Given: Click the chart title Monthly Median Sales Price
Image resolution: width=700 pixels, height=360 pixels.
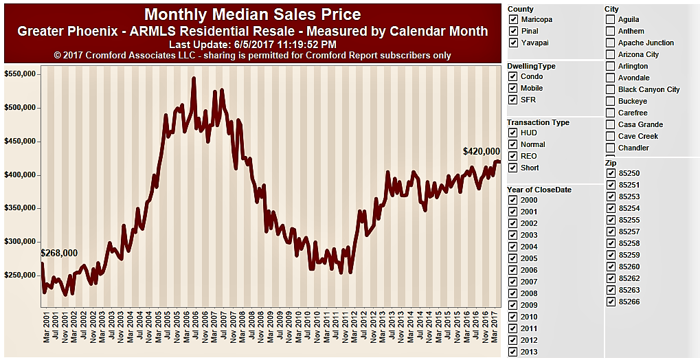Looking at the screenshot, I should (252, 14).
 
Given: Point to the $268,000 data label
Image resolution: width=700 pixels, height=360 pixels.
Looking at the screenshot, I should (60, 253).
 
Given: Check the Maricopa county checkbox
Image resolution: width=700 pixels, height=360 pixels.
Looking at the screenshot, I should (513, 19).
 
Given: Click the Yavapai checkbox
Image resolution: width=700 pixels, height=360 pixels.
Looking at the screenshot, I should (513, 43).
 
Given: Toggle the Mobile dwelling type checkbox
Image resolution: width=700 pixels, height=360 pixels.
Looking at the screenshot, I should (513, 88).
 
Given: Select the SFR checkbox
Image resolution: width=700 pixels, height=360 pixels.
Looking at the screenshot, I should (513, 100).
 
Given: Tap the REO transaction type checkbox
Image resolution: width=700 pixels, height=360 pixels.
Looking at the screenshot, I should (513, 156).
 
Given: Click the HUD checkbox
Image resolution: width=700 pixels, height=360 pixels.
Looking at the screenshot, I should (513, 133).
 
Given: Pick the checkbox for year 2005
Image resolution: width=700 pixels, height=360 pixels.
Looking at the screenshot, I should (513, 258).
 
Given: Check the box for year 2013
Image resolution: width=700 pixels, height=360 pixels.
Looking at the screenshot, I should (513, 352).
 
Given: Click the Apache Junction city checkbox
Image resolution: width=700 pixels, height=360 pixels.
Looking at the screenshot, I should (611, 43).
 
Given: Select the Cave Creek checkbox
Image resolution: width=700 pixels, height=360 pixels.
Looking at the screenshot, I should (611, 136).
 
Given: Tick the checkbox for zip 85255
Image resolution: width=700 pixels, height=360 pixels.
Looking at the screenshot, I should (611, 220).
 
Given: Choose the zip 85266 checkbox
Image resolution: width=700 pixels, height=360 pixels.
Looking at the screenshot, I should (611, 302).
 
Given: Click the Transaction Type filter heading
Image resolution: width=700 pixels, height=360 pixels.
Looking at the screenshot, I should (538, 122).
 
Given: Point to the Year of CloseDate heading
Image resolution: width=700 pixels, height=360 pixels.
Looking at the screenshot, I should (539, 190).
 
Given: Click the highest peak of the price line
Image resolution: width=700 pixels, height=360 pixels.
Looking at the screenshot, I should (194, 78).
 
